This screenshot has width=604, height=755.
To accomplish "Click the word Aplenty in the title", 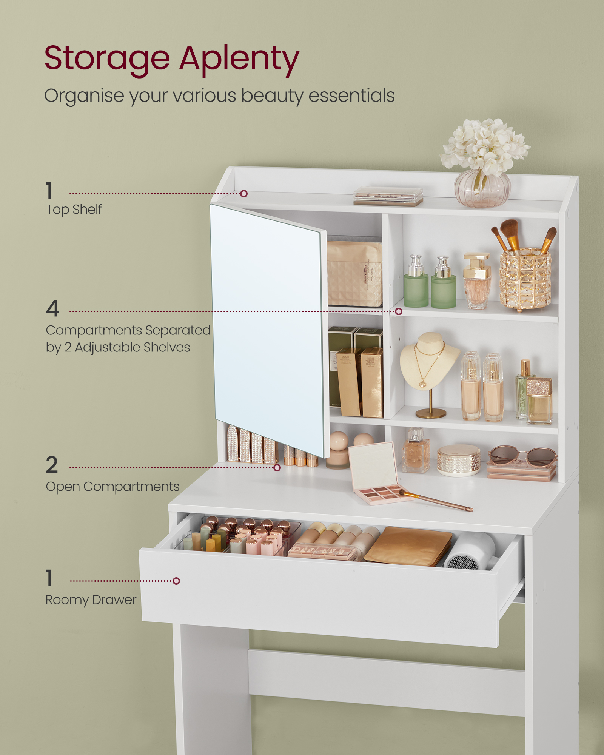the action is pos(239,60).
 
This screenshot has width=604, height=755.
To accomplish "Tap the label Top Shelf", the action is pos(74,209).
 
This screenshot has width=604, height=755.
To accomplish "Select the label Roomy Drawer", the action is pos(91,600).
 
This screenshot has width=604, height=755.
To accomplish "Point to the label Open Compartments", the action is pos(112,487).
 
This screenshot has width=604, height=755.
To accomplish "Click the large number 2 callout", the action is pos(52,465).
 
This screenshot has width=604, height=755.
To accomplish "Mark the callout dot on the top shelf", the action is pos(244,194).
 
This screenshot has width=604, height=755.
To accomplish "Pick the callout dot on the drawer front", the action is pos(176,581).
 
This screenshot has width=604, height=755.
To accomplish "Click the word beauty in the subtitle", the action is pos(272,96).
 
